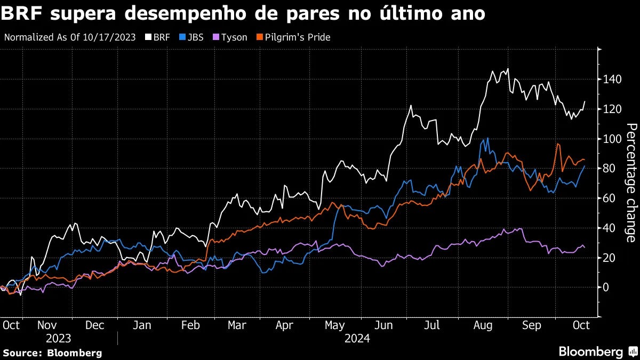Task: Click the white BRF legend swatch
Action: click(x=148, y=38)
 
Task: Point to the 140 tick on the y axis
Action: click(x=613, y=79)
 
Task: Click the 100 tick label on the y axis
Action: click(x=613, y=139)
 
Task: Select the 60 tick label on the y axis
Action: click(x=611, y=198)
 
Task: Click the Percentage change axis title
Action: click(x=631, y=183)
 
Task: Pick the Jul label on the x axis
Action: click(x=433, y=325)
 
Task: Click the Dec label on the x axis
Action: click(x=94, y=325)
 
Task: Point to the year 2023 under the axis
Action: click(x=58, y=339)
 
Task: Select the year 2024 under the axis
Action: click(x=357, y=339)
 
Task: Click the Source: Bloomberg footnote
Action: click(x=52, y=353)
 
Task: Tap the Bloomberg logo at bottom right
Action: click(x=597, y=352)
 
